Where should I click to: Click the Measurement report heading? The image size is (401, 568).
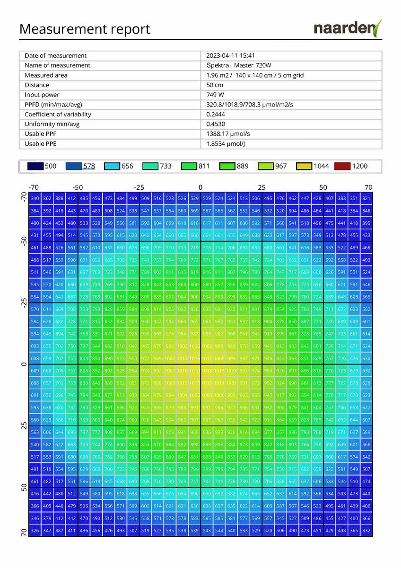coord(85,29)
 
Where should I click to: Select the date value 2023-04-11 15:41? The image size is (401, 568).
coord(231,55)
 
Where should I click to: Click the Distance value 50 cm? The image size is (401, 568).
coord(215,85)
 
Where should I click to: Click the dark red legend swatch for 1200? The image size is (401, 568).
coord(342,166)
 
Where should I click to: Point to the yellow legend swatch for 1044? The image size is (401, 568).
coord(304,166)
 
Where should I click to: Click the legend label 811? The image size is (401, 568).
coord(204,166)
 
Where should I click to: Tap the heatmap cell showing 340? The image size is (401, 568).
coord(35,198)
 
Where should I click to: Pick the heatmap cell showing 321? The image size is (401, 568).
coord(366,198)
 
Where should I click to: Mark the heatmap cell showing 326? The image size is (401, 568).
coord(35,531)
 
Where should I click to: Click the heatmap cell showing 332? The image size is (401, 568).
coord(366,531)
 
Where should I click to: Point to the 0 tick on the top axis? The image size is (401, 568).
coord(200,187)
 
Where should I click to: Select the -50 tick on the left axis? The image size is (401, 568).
coord(24,240)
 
